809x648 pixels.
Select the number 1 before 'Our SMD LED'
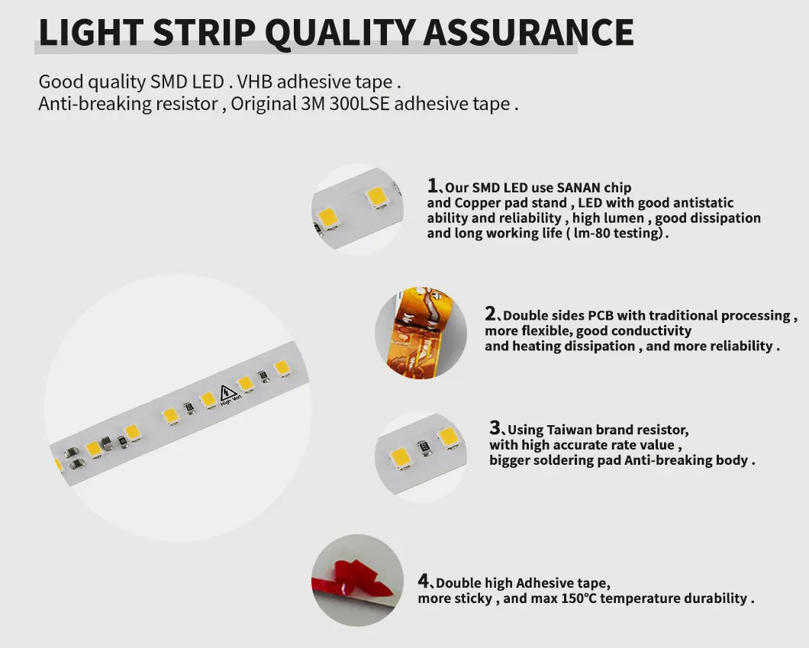tap(433, 185)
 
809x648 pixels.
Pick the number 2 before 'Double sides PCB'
tap(491, 314)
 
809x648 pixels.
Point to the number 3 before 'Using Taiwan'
tap(495, 428)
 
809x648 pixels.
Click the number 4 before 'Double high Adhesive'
tap(424, 581)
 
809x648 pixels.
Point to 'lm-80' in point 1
tap(593, 234)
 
